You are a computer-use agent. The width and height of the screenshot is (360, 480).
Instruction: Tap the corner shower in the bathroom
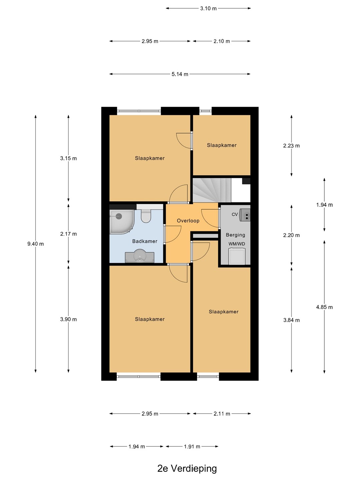(x=121, y=222)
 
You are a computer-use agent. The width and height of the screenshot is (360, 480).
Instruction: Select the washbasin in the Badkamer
(x=139, y=256)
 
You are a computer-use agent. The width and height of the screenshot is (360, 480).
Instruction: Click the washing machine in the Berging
(x=237, y=256)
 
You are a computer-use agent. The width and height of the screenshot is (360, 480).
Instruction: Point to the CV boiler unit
(x=245, y=215)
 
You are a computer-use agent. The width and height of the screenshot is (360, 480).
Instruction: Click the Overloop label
(x=188, y=221)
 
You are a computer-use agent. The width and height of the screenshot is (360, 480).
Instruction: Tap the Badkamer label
(x=145, y=241)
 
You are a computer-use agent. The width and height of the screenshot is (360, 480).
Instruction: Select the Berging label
(x=235, y=235)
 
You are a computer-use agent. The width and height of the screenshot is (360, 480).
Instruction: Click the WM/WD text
(x=237, y=244)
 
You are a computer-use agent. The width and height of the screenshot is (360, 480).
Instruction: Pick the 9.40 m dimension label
(x=35, y=244)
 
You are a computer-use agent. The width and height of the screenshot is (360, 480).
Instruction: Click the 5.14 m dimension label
(x=180, y=74)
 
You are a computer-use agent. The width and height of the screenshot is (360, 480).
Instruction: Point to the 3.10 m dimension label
(x=208, y=9)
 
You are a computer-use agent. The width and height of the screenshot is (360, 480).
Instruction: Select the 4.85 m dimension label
(x=324, y=307)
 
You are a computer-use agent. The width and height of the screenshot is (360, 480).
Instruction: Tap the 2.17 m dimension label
(x=68, y=234)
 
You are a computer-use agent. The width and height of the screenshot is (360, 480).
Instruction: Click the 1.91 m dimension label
(x=192, y=447)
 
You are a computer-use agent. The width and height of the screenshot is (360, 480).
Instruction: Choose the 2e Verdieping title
(x=187, y=468)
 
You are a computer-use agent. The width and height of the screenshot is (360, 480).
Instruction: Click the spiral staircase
(x=212, y=190)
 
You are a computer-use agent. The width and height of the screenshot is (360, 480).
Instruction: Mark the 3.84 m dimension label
(x=291, y=320)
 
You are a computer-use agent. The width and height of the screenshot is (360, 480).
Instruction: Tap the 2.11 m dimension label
(x=222, y=414)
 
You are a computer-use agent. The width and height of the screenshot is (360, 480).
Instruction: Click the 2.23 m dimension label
(x=291, y=146)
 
